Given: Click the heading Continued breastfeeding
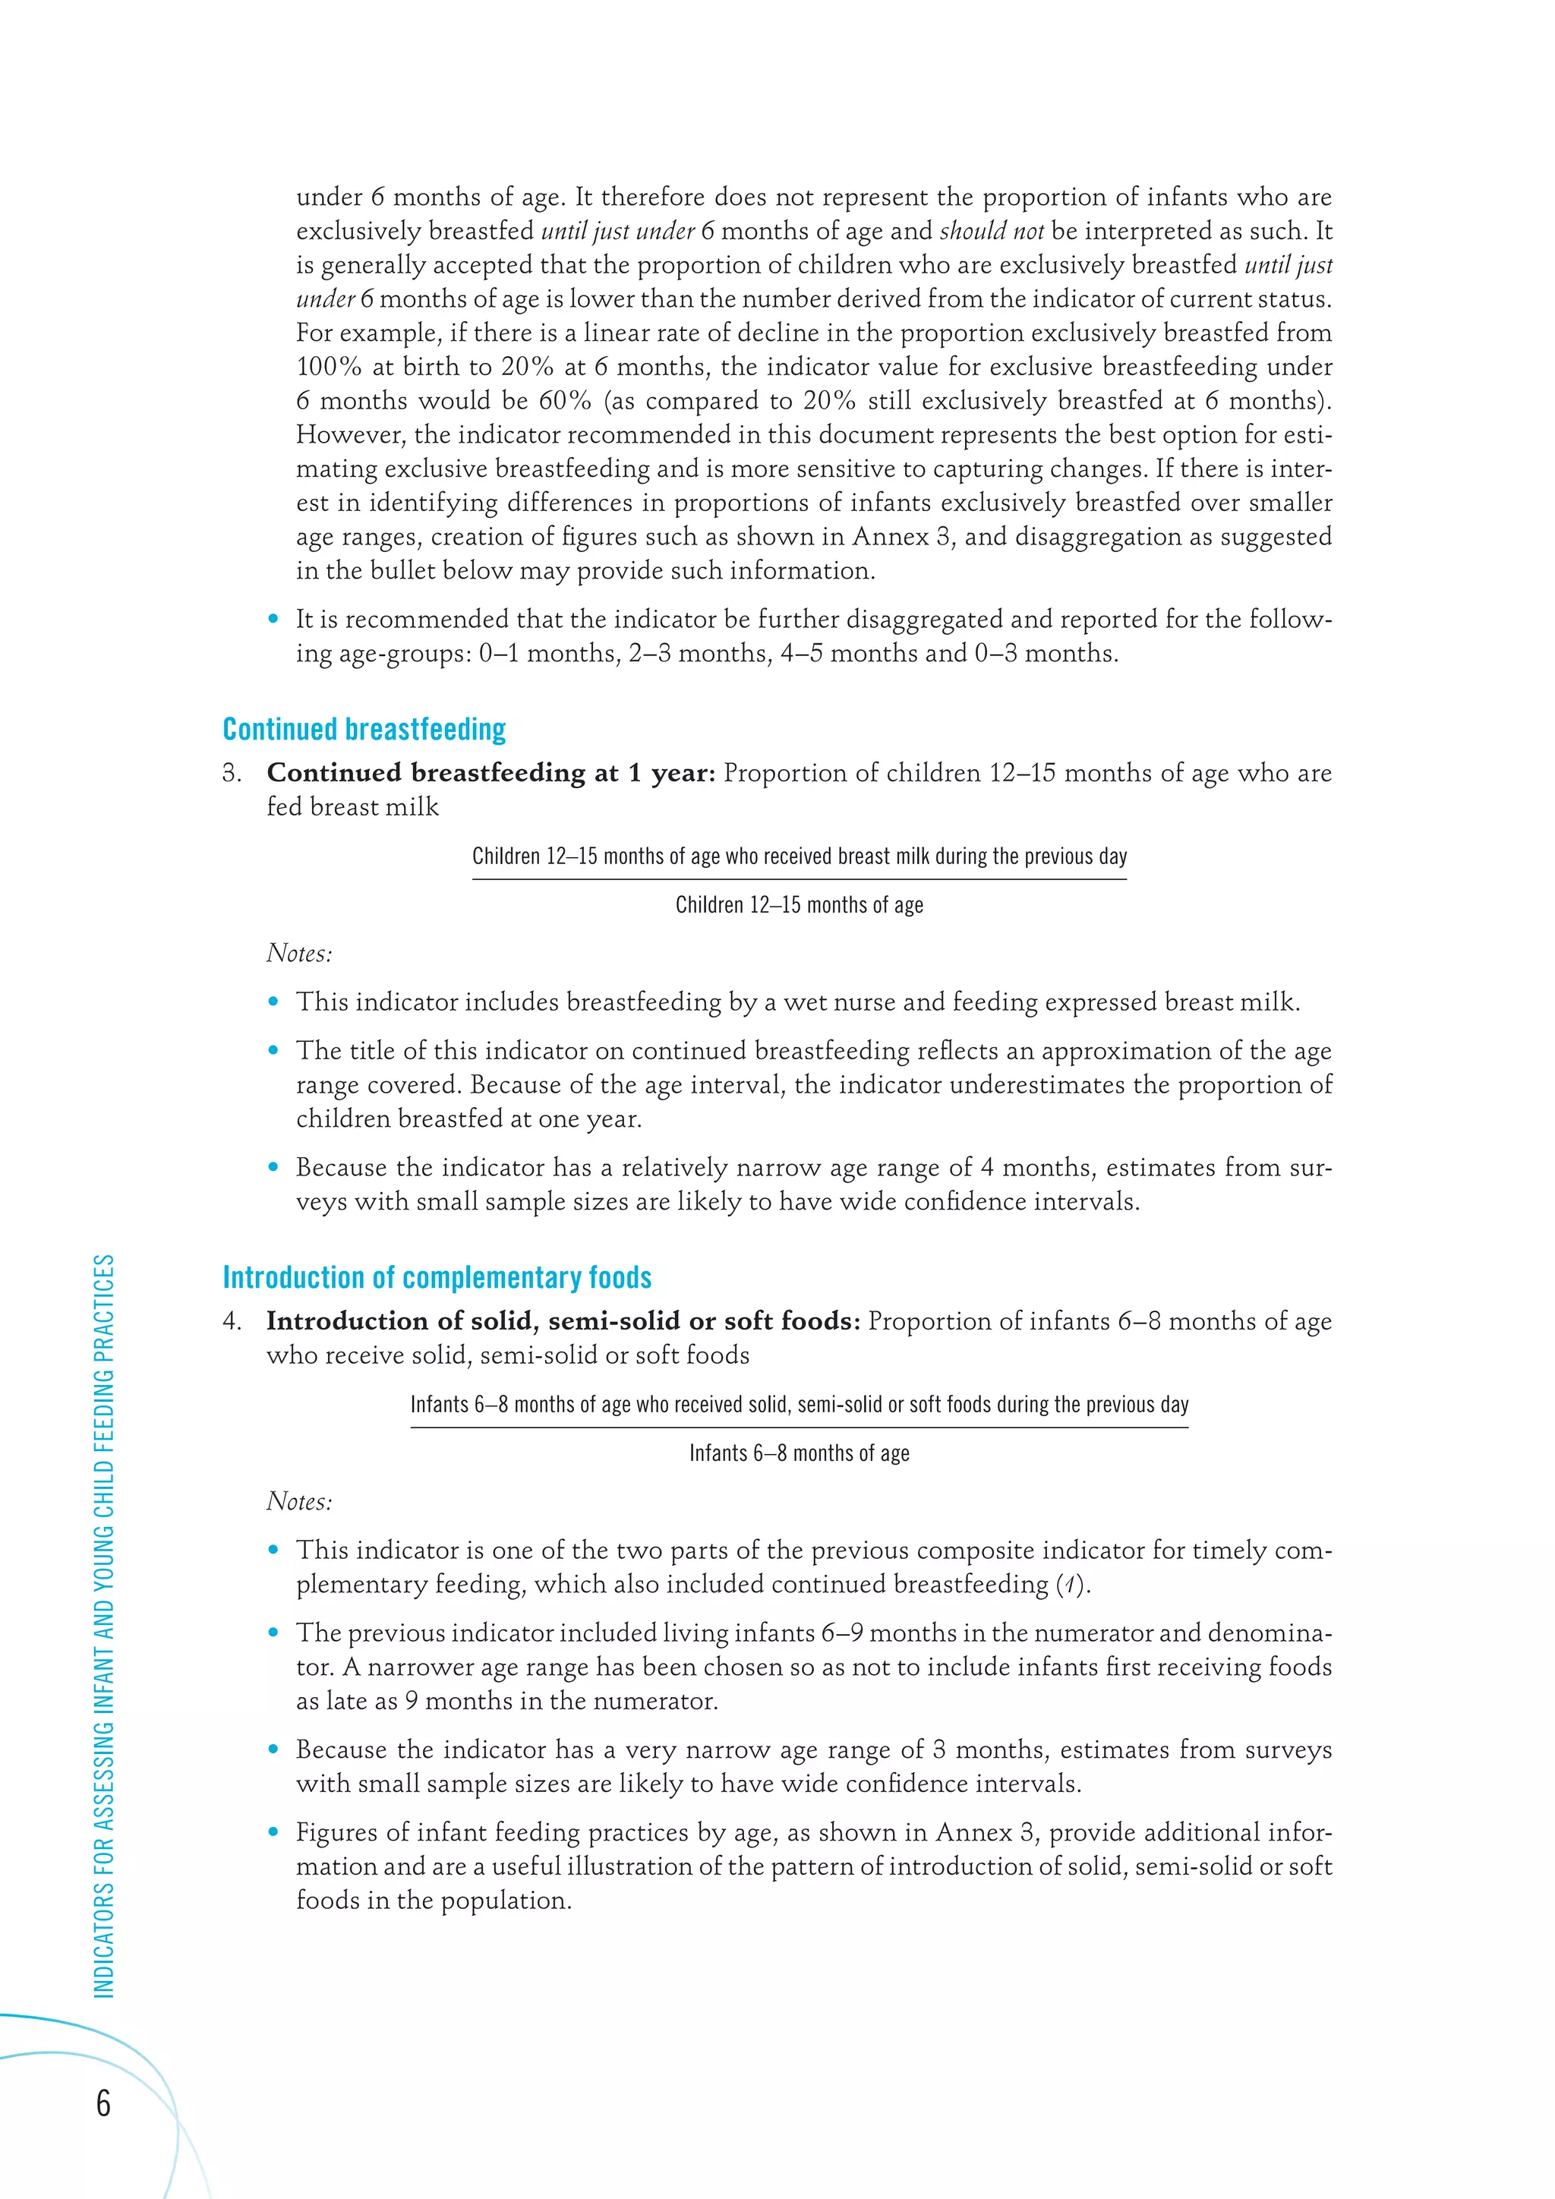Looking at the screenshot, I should pos(364,730).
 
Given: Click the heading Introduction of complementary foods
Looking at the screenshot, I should pos(437,1278).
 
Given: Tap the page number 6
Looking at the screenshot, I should pos(103,2103).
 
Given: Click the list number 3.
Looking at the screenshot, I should pos(231,774).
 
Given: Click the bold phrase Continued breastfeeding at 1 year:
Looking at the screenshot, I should pos(490,773).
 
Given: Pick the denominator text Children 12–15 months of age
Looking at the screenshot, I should pos(799,905).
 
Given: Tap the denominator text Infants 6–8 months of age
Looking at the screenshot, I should pos(799,1453).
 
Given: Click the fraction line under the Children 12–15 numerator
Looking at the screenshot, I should pos(799,879).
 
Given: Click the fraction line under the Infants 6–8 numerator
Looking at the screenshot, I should pos(799,1427).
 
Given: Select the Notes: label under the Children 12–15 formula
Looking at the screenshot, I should pos(298,954).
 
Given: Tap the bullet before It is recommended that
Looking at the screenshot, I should pos(274,620).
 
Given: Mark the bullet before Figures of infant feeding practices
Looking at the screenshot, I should pos(274,1833).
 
